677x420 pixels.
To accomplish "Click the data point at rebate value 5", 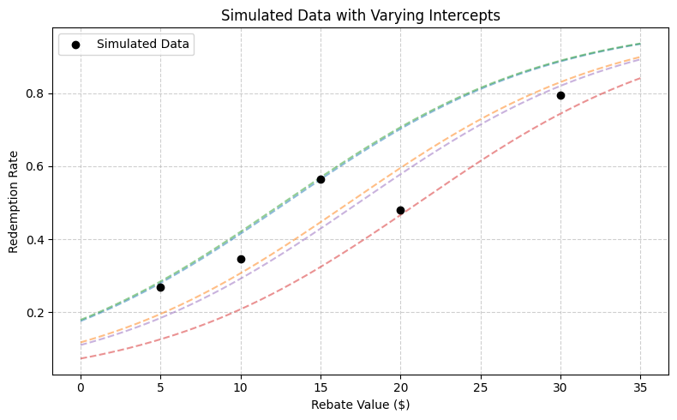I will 160,287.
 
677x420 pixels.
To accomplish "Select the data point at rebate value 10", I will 241,259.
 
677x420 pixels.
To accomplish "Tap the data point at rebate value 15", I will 321,179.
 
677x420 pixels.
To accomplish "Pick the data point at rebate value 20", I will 400,210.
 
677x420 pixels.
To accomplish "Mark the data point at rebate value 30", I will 560,95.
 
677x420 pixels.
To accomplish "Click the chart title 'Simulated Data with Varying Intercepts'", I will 361,15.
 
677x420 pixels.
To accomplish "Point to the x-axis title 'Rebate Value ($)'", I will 361,404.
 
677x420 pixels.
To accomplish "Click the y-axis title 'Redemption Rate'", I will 14,202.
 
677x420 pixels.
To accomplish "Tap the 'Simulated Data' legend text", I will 143,43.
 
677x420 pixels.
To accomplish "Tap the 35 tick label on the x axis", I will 640,387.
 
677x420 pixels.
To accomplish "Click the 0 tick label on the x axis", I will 81,387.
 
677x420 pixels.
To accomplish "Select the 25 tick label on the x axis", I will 481,387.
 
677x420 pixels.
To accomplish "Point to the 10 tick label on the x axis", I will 241,387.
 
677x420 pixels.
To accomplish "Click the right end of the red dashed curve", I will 640,78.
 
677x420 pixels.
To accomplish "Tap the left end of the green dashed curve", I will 81,320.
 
